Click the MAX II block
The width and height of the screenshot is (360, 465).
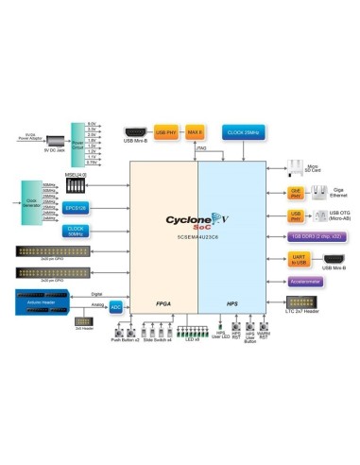point(194,131)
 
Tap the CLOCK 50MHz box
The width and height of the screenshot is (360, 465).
point(75,230)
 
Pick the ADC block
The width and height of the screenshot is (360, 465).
point(115,306)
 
